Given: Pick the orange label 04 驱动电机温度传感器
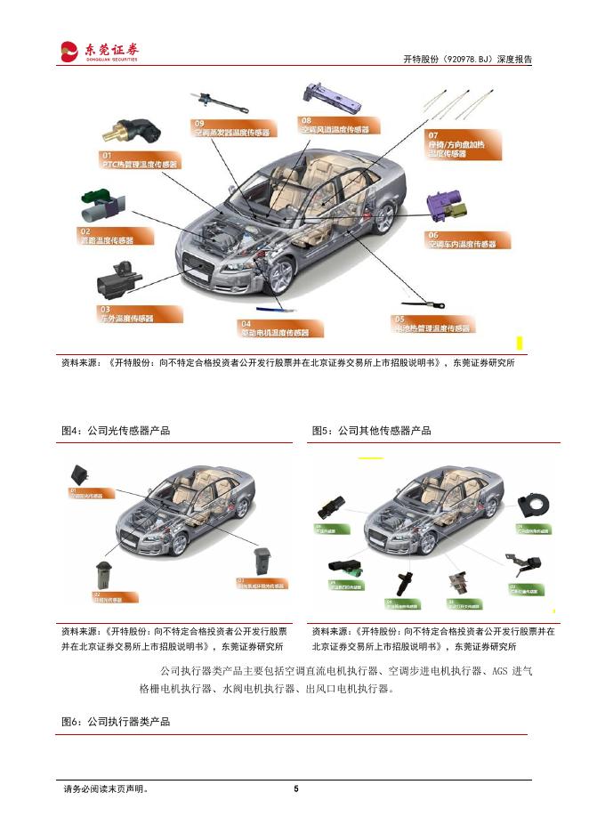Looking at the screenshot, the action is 274,328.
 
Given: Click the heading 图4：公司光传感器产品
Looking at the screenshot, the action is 116,431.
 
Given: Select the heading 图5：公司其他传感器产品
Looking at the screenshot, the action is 371,431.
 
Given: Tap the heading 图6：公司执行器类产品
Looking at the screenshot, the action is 116,722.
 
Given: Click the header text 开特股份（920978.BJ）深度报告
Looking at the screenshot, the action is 467,60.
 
